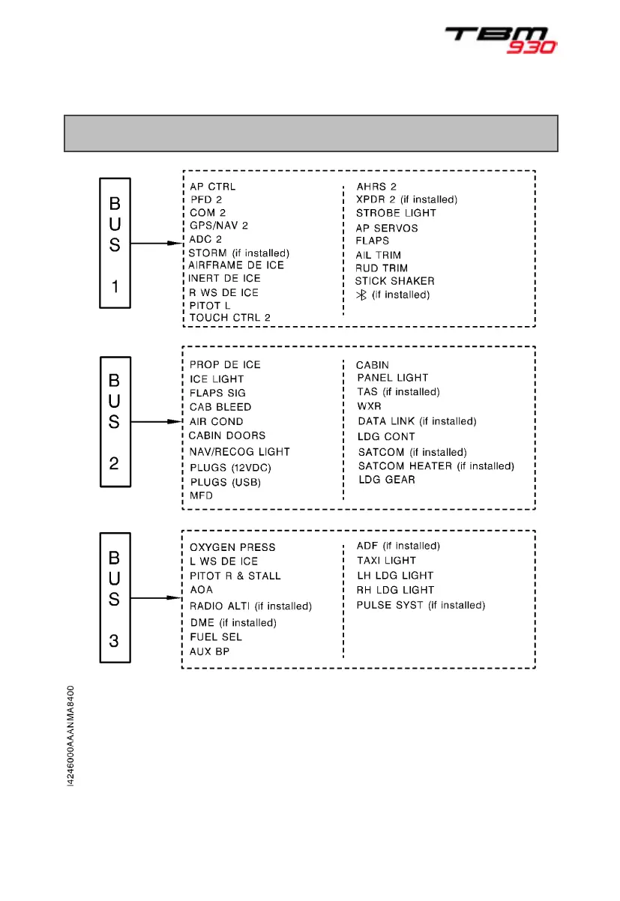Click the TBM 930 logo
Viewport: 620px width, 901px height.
click(501, 40)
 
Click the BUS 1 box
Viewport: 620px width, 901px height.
click(115, 242)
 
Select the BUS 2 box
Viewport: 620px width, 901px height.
click(115, 422)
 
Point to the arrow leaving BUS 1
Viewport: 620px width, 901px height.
click(157, 242)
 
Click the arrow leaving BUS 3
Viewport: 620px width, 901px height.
click(157, 598)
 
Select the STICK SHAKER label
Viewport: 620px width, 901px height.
click(394, 281)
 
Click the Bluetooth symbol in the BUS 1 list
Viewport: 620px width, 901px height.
click(361, 295)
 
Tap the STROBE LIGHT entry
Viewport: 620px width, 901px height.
click(396, 213)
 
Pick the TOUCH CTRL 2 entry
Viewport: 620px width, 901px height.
click(229, 318)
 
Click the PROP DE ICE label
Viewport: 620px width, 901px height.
click(225, 364)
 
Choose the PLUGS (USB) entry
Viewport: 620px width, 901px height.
click(225, 482)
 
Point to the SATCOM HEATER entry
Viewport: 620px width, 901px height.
click(436, 466)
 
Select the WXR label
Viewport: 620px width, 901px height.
click(369, 406)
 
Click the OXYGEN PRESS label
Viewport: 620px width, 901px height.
click(232, 547)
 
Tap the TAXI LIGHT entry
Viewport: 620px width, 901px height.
click(386, 561)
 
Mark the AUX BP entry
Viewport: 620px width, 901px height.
click(209, 651)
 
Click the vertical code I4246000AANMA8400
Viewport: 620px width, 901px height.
click(70, 735)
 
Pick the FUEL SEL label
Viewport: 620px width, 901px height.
click(216, 637)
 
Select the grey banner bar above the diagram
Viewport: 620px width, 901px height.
click(310, 133)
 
